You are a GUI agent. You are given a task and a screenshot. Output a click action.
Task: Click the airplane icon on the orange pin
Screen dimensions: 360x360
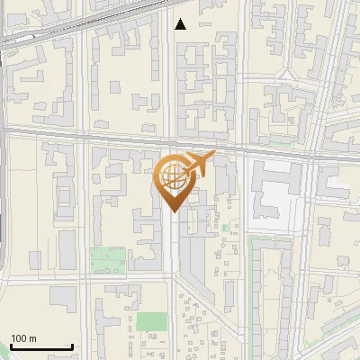pyautogui.click(x=199, y=164)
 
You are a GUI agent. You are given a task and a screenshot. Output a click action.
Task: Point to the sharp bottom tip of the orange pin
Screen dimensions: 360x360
pyautogui.click(x=173, y=211)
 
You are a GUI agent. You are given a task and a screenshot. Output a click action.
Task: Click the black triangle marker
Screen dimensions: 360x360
pyautogui.click(x=181, y=24)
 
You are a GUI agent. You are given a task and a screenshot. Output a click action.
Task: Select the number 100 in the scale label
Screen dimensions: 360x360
pyautogui.click(x=19, y=338)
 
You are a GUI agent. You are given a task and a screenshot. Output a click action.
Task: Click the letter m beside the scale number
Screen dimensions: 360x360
pyautogui.click(x=33, y=338)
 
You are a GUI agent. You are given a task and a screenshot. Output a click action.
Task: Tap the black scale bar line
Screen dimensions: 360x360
pyautogui.click(x=41, y=347)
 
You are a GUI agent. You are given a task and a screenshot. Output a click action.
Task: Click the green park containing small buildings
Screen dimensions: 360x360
pyautogui.click(x=108, y=261)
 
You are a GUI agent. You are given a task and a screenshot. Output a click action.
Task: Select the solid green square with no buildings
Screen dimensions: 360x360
pyautogui.click(x=151, y=322)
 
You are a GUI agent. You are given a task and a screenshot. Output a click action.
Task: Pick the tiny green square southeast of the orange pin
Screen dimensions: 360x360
pyautogui.click(x=225, y=229)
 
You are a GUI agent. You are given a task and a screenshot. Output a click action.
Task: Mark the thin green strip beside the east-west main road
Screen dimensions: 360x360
pyautogui.click(x=279, y=142)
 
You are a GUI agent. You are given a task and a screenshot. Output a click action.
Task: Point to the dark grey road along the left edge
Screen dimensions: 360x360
pyautogui.click(x=4, y=180)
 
